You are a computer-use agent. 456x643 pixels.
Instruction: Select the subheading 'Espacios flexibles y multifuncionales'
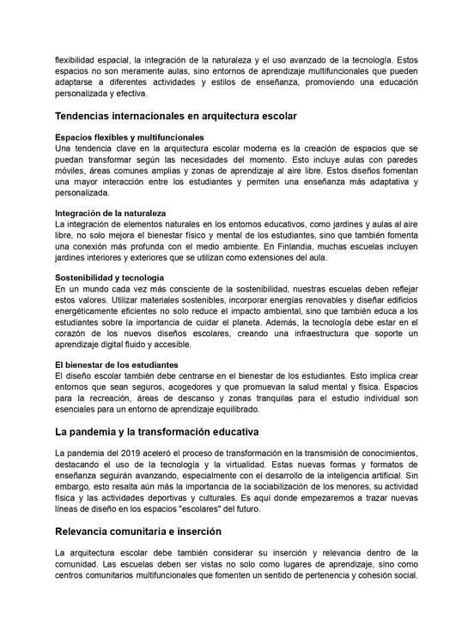click(130, 137)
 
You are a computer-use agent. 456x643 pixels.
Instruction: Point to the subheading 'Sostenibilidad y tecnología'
click(108, 278)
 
